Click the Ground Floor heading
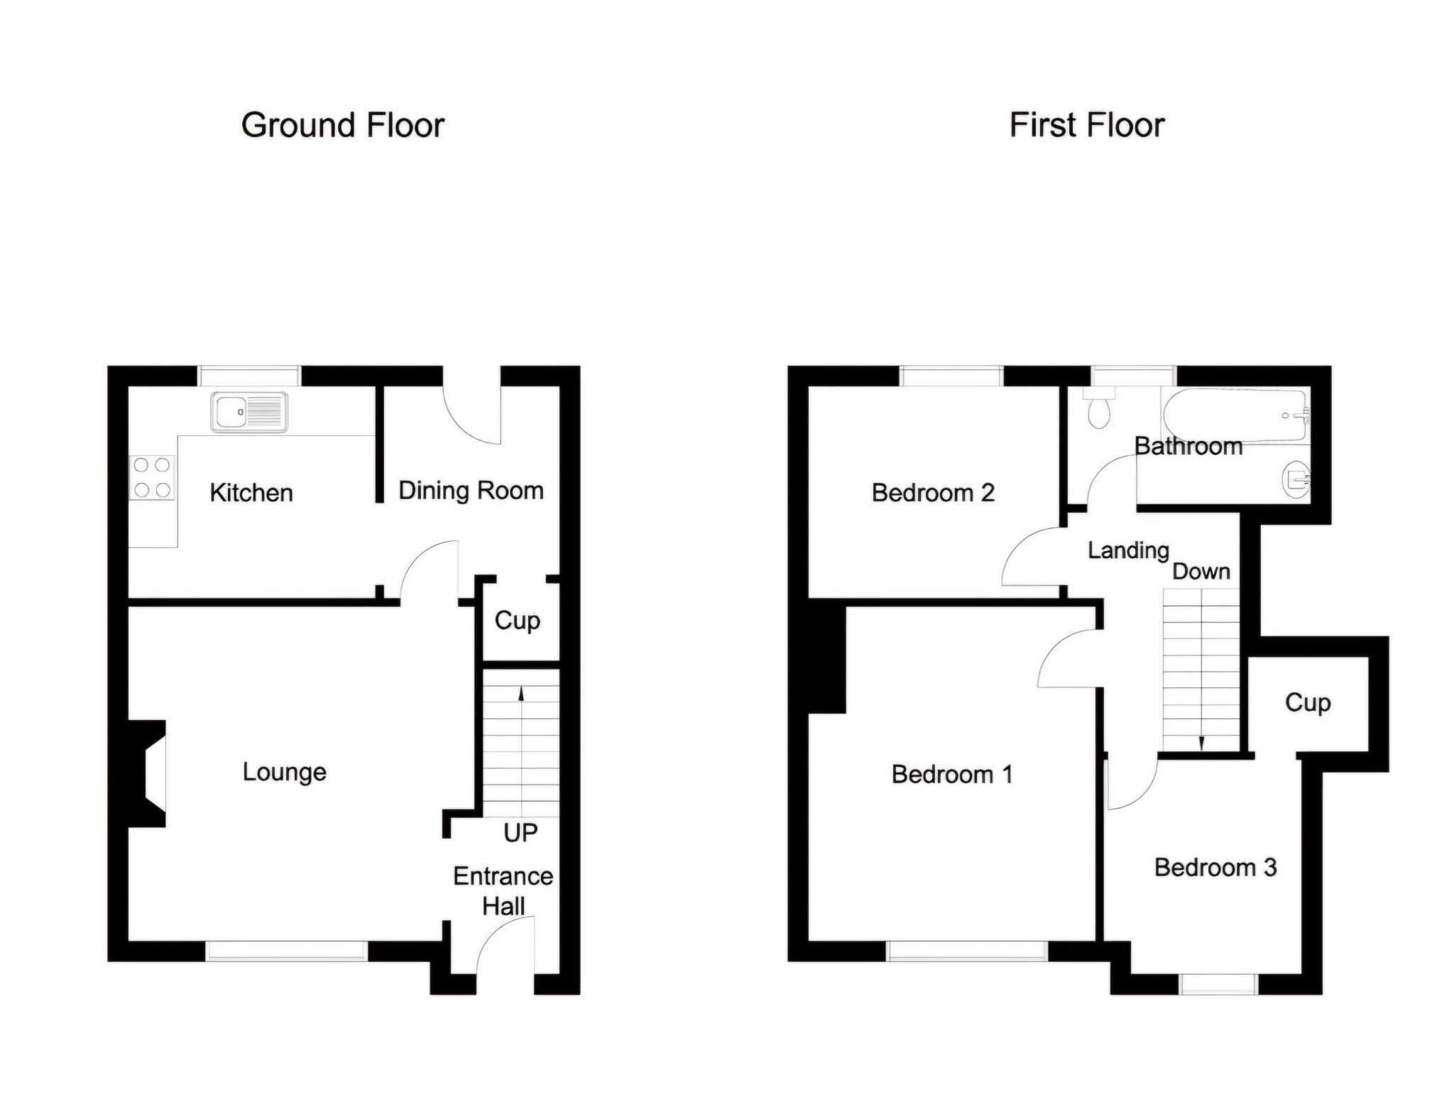(343, 126)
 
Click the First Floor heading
(1087, 126)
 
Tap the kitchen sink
(249, 411)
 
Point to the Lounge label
(285, 772)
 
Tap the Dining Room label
(471, 491)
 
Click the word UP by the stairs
(520, 832)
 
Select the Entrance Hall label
(503, 891)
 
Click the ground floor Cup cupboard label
(518, 621)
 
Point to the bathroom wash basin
(1296, 479)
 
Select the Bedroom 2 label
(933, 493)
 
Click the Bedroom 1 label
(952, 774)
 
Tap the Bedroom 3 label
(1215, 867)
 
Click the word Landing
(1128, 550)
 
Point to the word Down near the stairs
(1201, 572)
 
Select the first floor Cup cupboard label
(1308, 703)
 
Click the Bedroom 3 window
(1219, 984)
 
